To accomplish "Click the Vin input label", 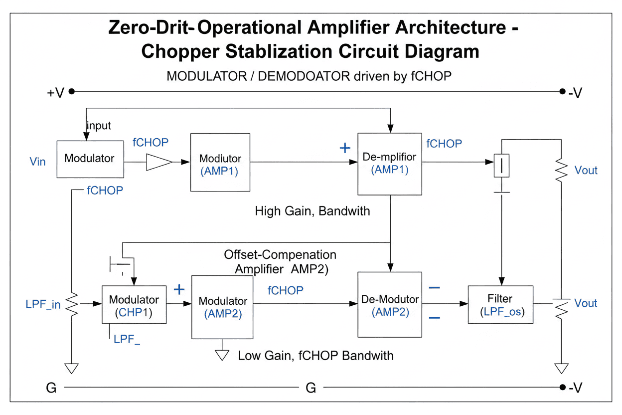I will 38,161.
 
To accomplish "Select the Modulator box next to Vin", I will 90,159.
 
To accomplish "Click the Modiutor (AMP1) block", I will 220,162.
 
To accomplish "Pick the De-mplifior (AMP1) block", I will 390,164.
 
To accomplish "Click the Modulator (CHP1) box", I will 134,305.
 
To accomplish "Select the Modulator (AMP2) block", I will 222,307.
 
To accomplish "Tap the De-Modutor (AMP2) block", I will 390,305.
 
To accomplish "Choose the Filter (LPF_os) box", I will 500,304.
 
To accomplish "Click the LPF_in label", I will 43,304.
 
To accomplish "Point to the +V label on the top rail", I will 56,93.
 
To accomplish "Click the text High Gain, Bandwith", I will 312,211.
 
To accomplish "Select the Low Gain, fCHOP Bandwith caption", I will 315,356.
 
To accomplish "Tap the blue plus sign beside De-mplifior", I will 344,148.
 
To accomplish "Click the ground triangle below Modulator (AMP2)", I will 222,355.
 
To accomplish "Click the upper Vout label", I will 586,171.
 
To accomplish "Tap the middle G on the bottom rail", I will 311,388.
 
